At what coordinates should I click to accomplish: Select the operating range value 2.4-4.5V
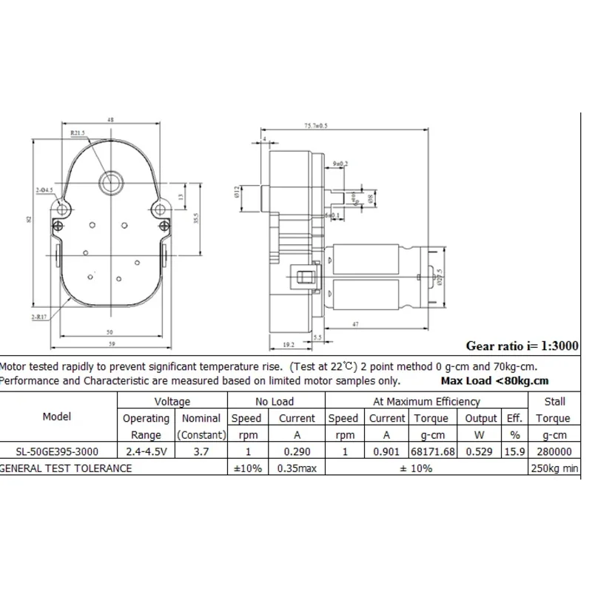click(146, 451)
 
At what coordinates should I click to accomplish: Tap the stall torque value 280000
click(554, 451)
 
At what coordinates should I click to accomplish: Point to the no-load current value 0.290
click(297, 451)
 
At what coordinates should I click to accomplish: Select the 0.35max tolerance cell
click(297, 468)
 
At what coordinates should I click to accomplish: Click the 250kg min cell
click(554, 468)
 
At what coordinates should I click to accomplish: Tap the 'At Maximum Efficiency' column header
click(425, 401)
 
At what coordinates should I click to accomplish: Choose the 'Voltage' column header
click(172, 401)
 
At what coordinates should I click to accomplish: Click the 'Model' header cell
click(57, 417)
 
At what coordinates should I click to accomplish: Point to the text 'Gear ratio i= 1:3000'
click(523, 345)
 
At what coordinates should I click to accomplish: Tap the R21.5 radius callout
click(78, 133)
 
